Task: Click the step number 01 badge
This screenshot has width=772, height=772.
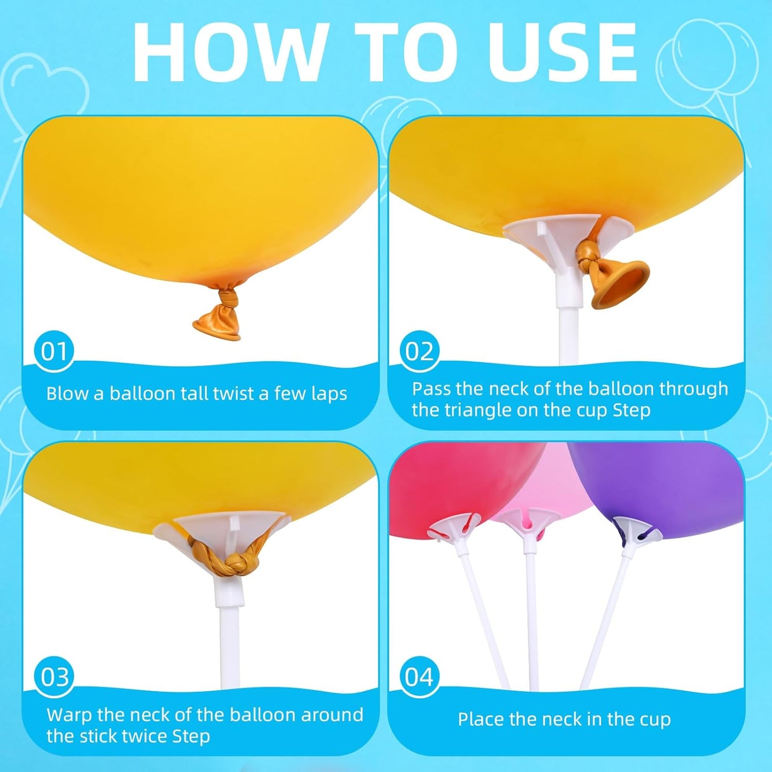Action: pyautogui.click(x=54, y=351)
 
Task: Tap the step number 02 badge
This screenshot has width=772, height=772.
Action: pyautogui.click(x=419, y=351)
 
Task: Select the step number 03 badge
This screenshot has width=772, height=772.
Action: pyautogui.click(x=54, y=677)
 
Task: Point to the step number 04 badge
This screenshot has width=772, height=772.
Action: pyautogui.click(x=419, y=677)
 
